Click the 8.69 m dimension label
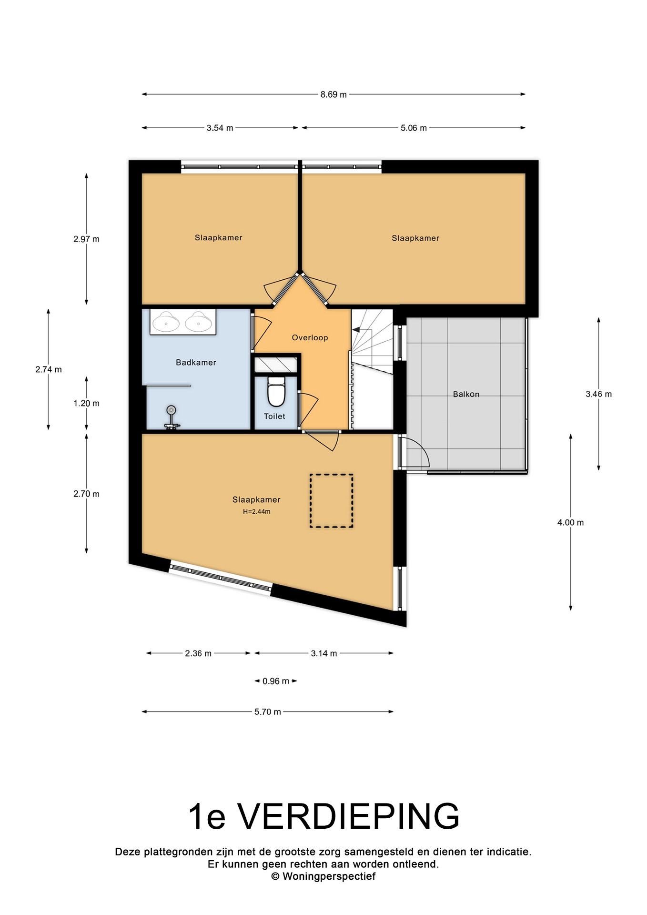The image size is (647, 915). pyautogui.click(x=334, y=94)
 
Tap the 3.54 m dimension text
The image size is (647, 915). pyautogui.click(x=220, y=128)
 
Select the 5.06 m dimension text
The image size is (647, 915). pyautogui.click(x=414, y=128)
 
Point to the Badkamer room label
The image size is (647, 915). pyautogui.click(x=196, y=362)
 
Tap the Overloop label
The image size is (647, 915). pyautogui.click(x=310, y=337)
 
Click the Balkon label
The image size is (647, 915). pyautogui.click(x=466, y=394)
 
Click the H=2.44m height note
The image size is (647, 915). pyautogui.click(x=256, y=512)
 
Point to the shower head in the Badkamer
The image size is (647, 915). pyautogui.click(x=172, y=410)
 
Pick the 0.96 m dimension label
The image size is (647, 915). pyautogui.click(x=276, y=681)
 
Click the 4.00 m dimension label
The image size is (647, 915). pyautogui.click(x=570, y=522)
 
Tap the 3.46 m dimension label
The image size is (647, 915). pyautogui.click(x=598, y=394)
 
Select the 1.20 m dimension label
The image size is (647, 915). pyautogui.click(x=86, y=403)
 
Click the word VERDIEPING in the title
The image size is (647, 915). pyautogui.click(x=348, y=816)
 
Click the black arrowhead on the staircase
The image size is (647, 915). pyautogui.click(x=355, y=329)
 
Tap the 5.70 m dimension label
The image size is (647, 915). pyautogui.click(x=267, y=712)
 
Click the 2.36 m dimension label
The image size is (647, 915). pyautogui.click(x=198, y=653)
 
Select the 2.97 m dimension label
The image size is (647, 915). pyautogui.click(x=86, y=239)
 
